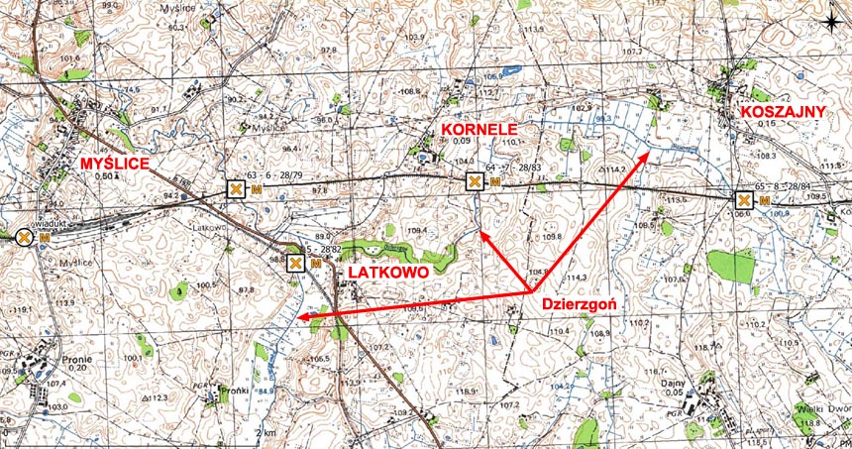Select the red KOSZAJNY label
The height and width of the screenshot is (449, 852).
click(x=783, y=112)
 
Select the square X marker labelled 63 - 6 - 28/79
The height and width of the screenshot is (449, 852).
click(x=235, y=188)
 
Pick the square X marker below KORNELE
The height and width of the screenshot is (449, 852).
click(x=476, y=180)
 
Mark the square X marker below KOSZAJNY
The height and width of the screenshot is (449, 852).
click(x=743, y=200)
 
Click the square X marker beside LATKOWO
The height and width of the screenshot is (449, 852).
click(x=295, y=264)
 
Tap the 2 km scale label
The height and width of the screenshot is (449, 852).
click(x=265, y=434)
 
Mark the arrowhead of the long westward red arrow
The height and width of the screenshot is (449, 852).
click(x=298, y=317)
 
